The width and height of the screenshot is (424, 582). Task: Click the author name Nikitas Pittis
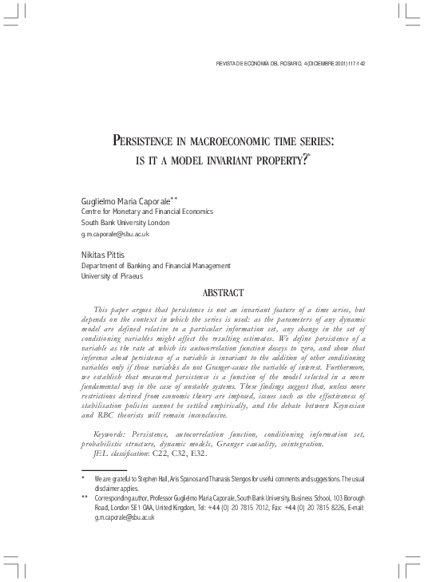(x=104, y=254)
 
